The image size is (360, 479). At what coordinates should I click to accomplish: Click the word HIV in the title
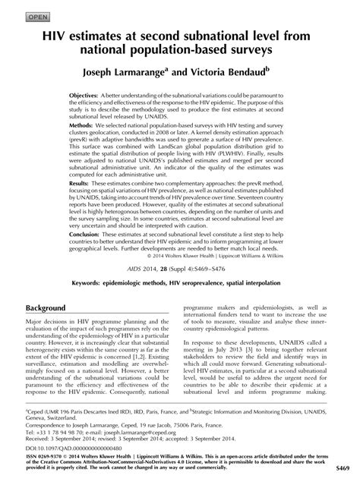tap(56, 36)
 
